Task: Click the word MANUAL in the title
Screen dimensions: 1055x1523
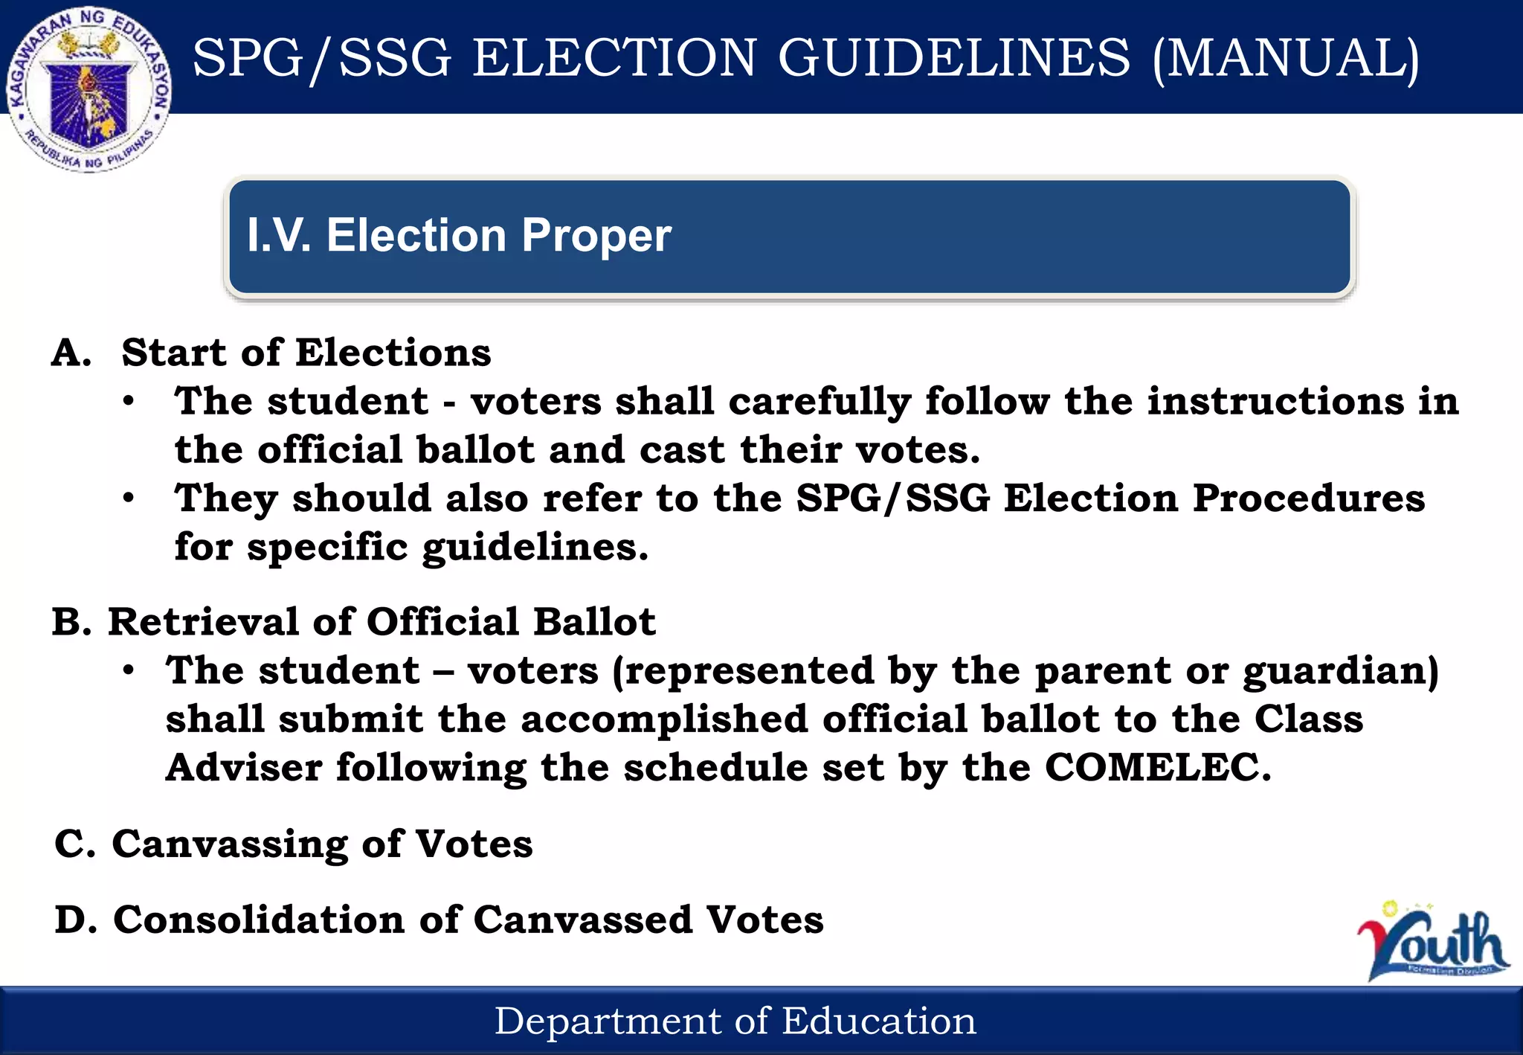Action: pyautogui.click(x=1286, y=58)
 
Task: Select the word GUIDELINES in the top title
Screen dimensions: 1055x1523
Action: pyautogui.click(x=954, y=58)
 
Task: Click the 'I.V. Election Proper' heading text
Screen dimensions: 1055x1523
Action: pyautogui.click(x=459, y=236)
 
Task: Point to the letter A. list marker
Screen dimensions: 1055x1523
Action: pyautogui.click(x=71, y=353)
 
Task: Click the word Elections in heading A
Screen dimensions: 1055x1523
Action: pyautogui.click(x=393, y=353)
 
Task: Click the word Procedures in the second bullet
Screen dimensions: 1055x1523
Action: pyautogui.click(x=1309, y=498)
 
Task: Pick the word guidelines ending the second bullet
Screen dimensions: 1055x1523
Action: pyautogui.click(x=534, y=548)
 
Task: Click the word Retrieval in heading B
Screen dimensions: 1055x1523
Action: pyautogui.click(x=203, y=622)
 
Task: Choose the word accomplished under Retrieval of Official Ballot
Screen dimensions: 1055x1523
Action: pyautogui.click(x=664, y=719)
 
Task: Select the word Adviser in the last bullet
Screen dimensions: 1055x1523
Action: pyautogui.click(x=244, y=768)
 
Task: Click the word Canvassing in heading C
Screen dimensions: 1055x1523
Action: pyautogui.click(x=230, y=844)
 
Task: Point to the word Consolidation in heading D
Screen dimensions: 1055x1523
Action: pyautogui.click(x=259, y=920)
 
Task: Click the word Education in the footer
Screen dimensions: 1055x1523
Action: pyautogui.click(x=879, y=1022)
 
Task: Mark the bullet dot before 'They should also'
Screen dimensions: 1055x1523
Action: pyautogui.click(x=129, y=498)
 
